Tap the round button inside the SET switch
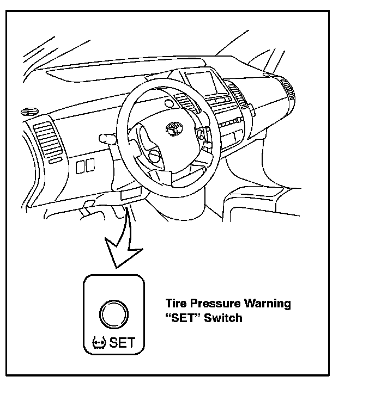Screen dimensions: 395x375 click(113, 313)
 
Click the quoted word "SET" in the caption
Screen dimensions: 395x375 click(183, 317)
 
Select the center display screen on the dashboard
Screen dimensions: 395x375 click(201, 83)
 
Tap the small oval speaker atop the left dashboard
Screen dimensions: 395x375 click(25, 112)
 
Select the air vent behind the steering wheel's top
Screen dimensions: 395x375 click(183, 101)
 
